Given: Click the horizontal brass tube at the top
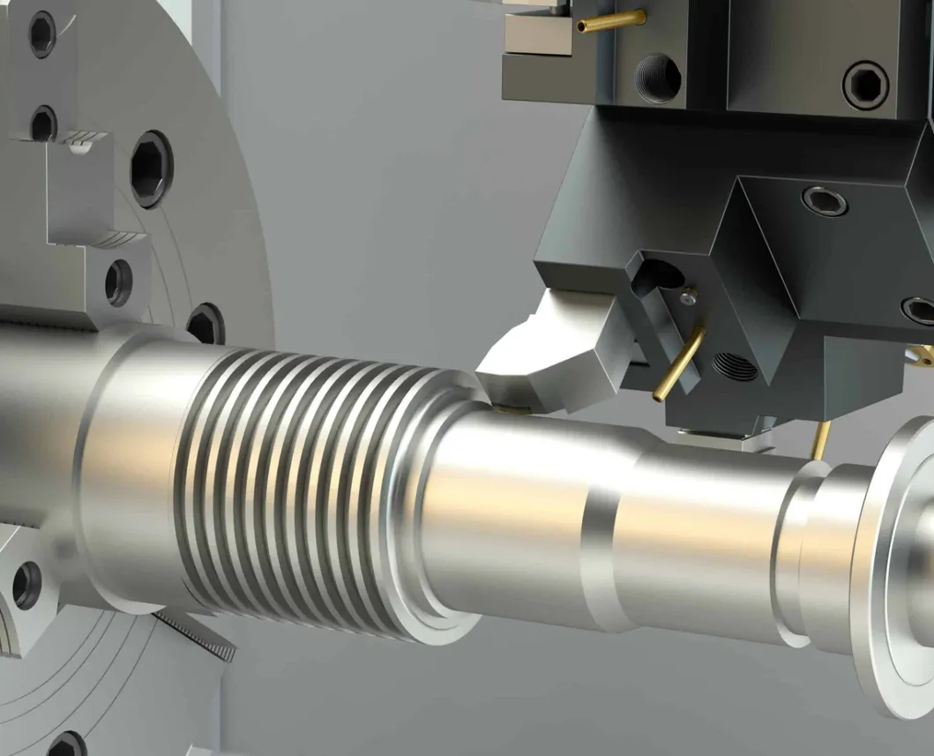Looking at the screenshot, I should (611, 19).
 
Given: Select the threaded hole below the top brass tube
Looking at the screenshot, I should (657, 78).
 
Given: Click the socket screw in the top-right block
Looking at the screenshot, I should (865, 84).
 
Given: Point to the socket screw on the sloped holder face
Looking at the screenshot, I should (825, 201).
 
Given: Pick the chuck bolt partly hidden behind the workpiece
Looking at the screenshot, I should (206, 324).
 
